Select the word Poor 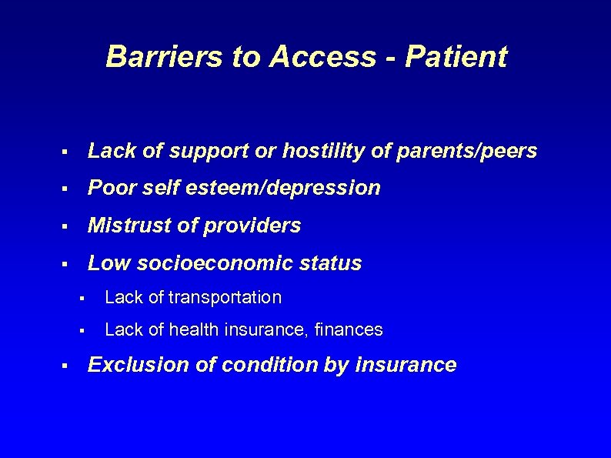(109, 189)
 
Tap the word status (332, 263)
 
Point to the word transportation (224, 297)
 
